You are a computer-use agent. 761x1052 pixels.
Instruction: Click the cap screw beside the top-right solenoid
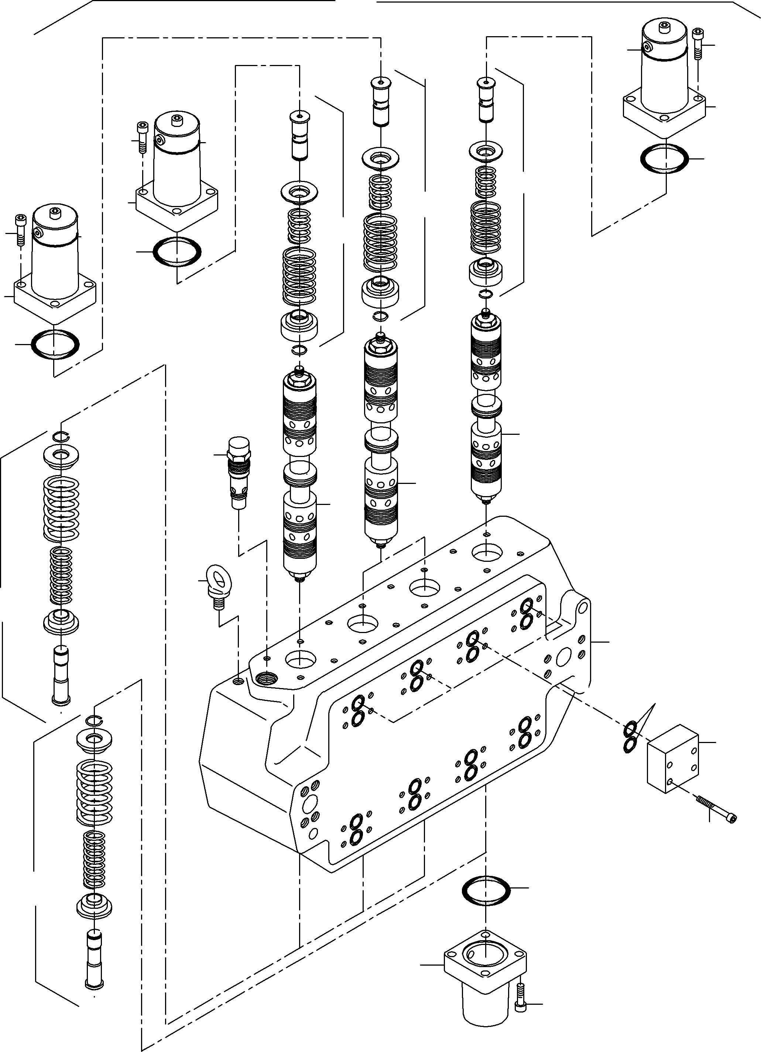(x=697, y=44)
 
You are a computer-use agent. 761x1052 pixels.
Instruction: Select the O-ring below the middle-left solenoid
(x=177, y=251)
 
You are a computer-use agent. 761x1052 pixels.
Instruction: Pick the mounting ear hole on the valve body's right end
(x=583, y=606)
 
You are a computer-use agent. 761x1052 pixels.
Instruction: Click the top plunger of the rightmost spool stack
(x=486, y=100)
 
